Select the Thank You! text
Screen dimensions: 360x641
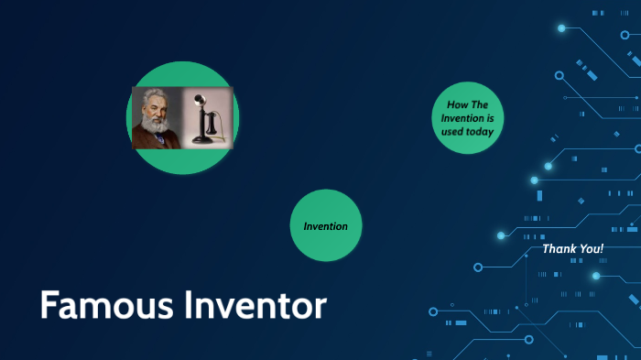573,248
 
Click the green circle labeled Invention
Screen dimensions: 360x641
326,225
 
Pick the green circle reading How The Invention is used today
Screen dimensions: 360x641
467,117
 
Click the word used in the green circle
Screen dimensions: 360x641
451,132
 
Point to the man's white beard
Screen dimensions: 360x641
156,126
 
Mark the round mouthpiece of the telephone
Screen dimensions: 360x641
199,100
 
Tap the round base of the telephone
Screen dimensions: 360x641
202,140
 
